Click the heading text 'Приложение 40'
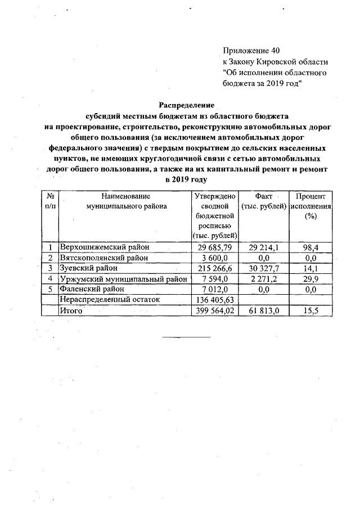(251, 51)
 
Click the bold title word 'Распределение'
(187, 105)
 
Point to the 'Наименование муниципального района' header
(126, 201)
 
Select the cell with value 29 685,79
(215, 247)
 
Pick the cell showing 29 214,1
(263, 247)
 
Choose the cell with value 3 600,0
(215, 258)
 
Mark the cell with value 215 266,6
(215, 268)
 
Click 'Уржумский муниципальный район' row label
(124, 278)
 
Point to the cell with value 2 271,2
(263, 278)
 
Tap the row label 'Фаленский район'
(91, 289)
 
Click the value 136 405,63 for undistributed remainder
(215, 300)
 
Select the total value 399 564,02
(215, 310)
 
